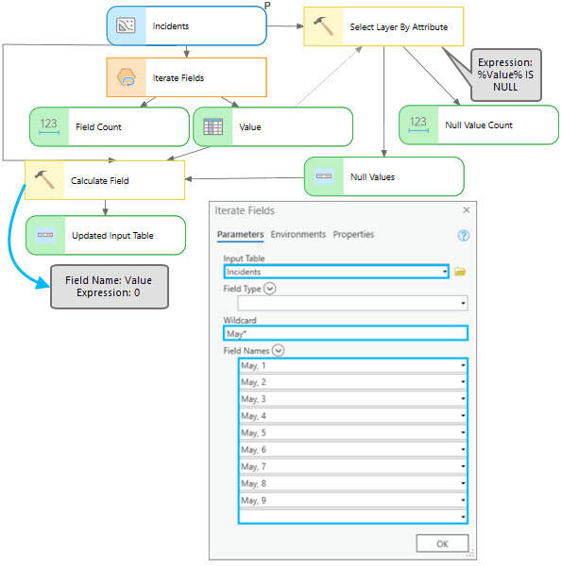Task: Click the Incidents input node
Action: pyautogui.click(x=186, y=26)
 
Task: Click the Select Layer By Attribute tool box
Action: pyautogui.click(x=383, y=26)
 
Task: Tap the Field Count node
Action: pyautogui.click(x=109, y=126)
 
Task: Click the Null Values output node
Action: pyautogui.click(x=383, y=176)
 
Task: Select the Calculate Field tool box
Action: pyautogui.click(x=104, y=180)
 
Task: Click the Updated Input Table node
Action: pyautogui.click(x=104, y=235)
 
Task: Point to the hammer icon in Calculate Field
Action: pyautogui.click(x=43, y=179)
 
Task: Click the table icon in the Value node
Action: pyautogui.click(x=213, y=126)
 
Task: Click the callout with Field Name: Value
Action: pyautogui.click(x=109, y=286)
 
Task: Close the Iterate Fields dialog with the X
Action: pyautogui.click(x=466, y=209)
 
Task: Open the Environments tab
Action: pyautogui.click(x=298, y=234)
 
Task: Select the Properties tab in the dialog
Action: pyautogui.click(x=353, y=234)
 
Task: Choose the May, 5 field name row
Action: pyautogui.click(x=352, y=433)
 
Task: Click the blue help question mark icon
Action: pyautogui.click(x=464, y=235)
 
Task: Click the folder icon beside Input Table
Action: pyautogui.click(x=460, y=272)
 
